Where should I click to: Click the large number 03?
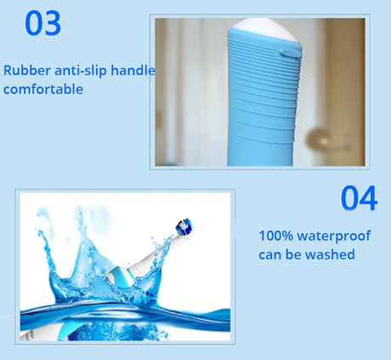point(42,23)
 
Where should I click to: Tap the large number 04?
point(359,198)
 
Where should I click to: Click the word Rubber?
point(27,71)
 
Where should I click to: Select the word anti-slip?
point(81,71)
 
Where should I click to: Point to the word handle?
point(133,71)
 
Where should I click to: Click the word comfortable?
point(43,89)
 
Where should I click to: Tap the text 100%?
point(276,236)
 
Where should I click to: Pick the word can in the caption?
point(270,255)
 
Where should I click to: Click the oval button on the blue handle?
point(289,53)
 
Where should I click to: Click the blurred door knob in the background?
point(318,139)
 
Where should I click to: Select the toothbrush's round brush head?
point(184,226)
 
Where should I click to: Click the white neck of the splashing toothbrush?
point(155,254)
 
